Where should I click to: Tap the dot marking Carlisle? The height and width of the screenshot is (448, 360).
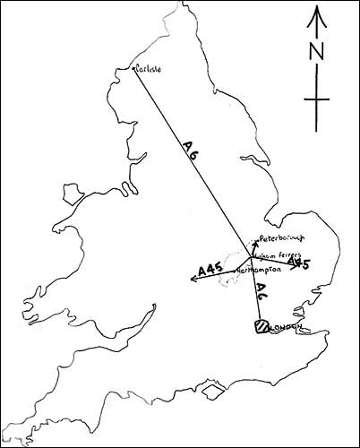133,68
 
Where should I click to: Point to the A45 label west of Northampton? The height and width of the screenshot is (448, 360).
210,268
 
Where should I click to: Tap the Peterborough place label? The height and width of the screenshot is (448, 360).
281,238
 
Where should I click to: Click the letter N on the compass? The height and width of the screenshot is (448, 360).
316,53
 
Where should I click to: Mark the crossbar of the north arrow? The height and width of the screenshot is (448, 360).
316,99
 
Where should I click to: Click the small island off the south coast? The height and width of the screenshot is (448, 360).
212,392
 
